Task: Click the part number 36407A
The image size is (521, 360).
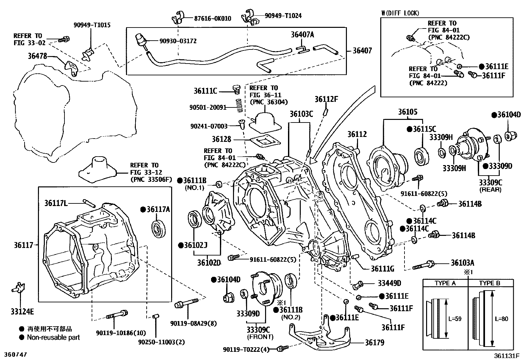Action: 302,35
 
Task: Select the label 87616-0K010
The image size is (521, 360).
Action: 213,19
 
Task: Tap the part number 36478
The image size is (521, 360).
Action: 37,56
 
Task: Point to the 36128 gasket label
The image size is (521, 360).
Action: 222,139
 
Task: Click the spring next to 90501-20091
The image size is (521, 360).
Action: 240,105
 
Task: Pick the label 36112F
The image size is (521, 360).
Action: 326,100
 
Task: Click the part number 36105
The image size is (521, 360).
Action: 408,112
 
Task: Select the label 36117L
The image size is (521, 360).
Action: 56,203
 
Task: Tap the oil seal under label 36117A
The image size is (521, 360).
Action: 159,229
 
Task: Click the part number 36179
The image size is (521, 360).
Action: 374,342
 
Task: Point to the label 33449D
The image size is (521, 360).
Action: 389,283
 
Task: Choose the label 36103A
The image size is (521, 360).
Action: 462,263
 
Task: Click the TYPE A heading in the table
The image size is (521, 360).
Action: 445,283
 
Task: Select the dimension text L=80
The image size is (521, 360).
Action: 502,319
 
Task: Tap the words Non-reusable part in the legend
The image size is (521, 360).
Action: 53,337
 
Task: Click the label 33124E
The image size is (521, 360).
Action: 22,312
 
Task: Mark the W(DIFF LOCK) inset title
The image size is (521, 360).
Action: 400,13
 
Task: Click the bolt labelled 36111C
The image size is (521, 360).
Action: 236,90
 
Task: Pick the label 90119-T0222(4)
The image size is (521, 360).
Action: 246,350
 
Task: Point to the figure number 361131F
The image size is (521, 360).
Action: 507,356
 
